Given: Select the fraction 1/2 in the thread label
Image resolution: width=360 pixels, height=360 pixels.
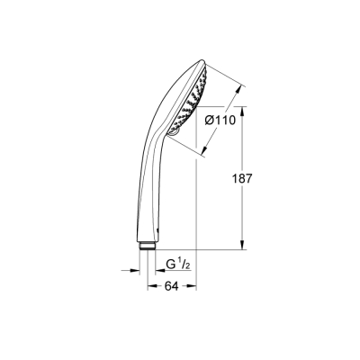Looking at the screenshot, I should pos(184,264).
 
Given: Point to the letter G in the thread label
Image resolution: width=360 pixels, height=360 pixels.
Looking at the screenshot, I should pos(170,265).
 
